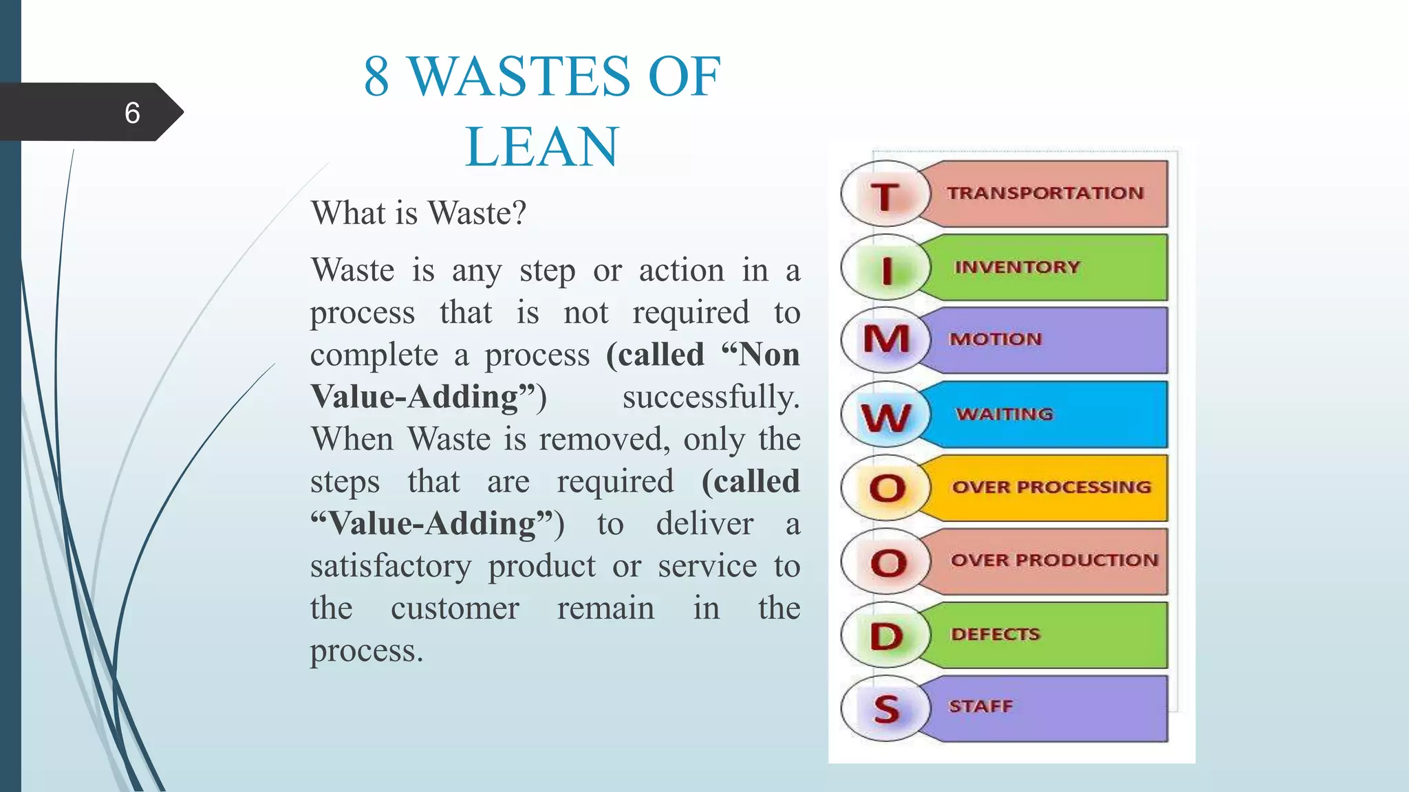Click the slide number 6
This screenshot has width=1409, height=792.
point(132,113)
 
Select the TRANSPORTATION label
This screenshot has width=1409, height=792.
point(1044,193)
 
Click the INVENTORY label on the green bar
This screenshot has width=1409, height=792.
point(1017,267)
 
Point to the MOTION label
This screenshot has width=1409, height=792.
point(996,339)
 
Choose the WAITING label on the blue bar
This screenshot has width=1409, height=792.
point(1004,414)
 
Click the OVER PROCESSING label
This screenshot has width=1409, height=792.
point(1051,487)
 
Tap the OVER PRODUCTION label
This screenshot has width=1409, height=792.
point(1054,560)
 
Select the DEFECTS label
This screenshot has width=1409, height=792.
point(996,634)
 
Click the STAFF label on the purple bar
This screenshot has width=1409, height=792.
point(981,706)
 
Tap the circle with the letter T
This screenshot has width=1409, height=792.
point(885,195)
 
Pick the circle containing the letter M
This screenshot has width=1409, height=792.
point(886,340)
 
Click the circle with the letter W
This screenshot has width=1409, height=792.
point(886,415)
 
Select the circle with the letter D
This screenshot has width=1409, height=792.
point(886,636)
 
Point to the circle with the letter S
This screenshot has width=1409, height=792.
point(886,709)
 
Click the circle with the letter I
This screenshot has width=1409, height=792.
point(886,268)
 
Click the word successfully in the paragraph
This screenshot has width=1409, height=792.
point(711,397)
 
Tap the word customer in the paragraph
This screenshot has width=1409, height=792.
point(455,608)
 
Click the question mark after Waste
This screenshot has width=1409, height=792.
point(519,212)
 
